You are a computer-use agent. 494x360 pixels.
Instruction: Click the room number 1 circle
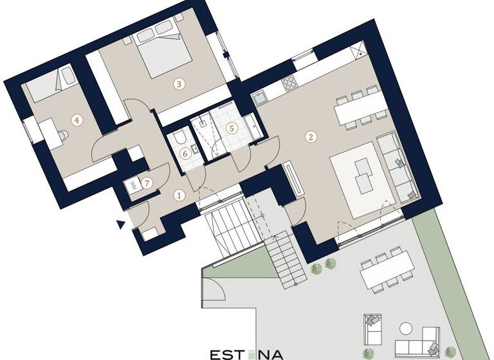tap(180, 194)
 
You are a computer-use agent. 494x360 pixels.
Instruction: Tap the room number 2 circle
tap(311, 136)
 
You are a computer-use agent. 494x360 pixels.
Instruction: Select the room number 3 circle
tap(179, 83)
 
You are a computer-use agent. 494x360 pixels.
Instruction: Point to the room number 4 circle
tap(77, 119)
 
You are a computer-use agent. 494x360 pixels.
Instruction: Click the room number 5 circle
tap(232, 127)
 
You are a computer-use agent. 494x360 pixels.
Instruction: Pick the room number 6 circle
tap(185, 153)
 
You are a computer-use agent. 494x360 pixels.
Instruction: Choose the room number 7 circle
tap(148, 183)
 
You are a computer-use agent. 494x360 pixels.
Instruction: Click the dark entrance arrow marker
tap(121, 224)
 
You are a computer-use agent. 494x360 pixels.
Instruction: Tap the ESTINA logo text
tap(246, 354)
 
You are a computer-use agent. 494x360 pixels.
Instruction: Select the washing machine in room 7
tap(133, 184)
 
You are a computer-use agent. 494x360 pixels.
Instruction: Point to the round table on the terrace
tap(408, 327)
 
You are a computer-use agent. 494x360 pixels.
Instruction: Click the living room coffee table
tap(364, 175)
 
